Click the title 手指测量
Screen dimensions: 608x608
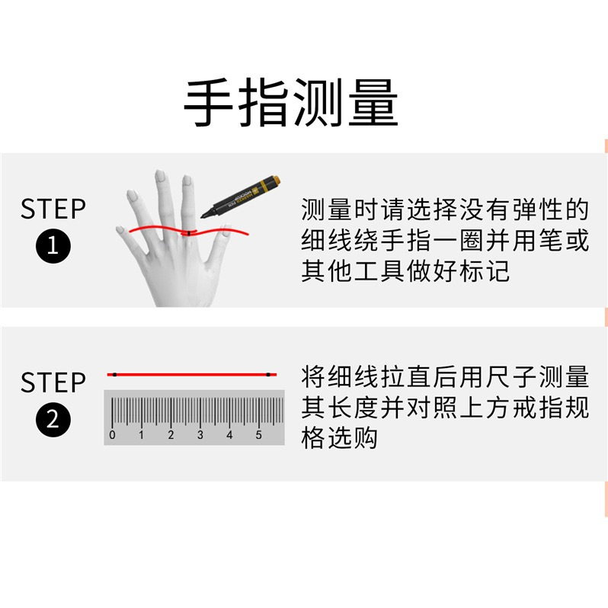[x=291, y=104]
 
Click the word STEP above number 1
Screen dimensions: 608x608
[x=53, y=209]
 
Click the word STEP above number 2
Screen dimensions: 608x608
[x=53, y=382]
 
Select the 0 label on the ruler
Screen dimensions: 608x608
[x=113, y=435]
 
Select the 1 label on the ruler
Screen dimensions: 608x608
[x=142, y=435]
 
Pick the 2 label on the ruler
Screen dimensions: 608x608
[x=171, y=435]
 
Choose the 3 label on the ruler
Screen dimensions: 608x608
[x=200, y=435]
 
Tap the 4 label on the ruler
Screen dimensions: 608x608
[x=229, y=435]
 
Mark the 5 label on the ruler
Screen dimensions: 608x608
[x=258, y=435]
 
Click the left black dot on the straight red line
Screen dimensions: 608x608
[x=114, y=374]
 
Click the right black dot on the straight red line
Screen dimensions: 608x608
[x=270, y=374]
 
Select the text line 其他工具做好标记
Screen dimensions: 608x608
[x=405, y=271]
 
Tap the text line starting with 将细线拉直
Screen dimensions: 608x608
[x=445, y=376]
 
